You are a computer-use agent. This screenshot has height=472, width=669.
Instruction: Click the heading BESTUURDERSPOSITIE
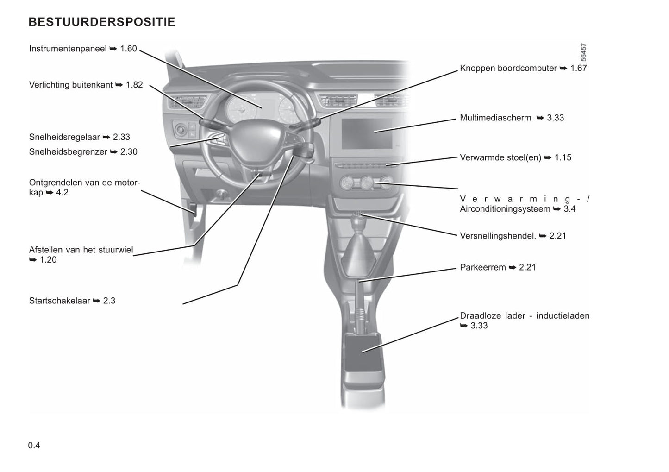(x=102, y=22)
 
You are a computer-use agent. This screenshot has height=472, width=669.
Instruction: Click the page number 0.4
(x=34, y=446)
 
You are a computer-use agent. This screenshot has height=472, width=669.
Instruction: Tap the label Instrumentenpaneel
(x=68, y=49)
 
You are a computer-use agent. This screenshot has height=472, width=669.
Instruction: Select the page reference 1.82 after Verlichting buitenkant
(x=134, y=85)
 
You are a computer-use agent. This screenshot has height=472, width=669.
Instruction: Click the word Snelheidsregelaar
(x=64, y=137)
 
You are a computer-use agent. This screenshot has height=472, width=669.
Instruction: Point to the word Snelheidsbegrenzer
(x=68, y=152)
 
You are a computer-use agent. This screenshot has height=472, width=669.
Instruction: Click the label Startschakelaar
(x=59, y=301)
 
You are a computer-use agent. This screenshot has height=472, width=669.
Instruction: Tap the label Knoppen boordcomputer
(x=508, y=69)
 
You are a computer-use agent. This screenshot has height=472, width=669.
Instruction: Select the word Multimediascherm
(x=495, y=118)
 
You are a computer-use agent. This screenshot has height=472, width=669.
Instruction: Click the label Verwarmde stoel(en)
(x=500, y=158)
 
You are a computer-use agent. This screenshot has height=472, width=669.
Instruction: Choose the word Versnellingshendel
(x=498, y=236)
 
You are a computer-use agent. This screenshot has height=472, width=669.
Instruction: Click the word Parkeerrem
(x=482, y=268)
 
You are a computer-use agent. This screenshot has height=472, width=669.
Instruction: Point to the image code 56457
(x=583, y=52)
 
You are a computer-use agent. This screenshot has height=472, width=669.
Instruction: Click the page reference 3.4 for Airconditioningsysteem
(x=569, y=209)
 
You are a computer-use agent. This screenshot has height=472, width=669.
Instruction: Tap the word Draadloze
(x=479, y=316)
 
